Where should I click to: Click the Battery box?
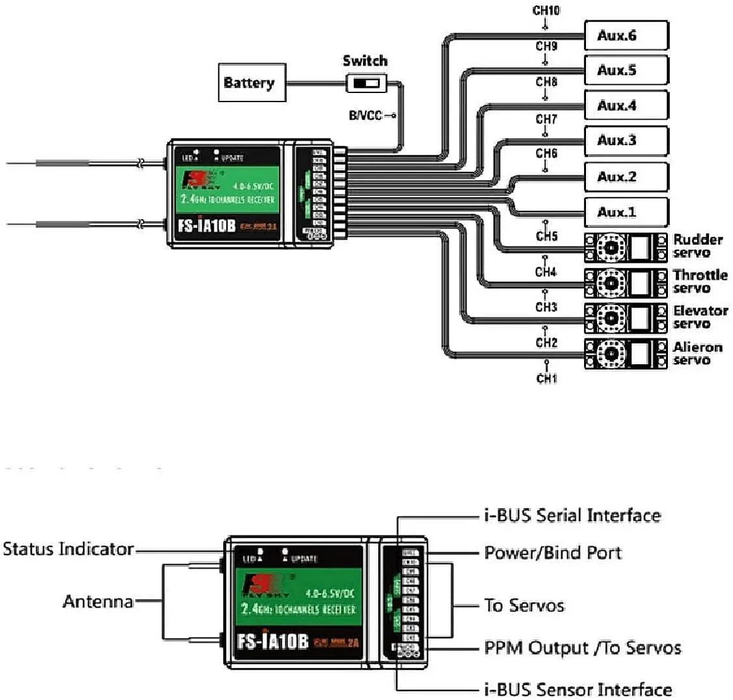(252, 83)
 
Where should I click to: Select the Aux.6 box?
(626, 35)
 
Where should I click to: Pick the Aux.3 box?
(626, 141)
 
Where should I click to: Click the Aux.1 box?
(626, 212)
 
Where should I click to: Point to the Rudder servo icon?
(626, 247)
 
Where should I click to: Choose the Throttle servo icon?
(626, 282)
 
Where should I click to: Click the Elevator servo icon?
(626, 318)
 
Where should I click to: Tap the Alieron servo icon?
(626, 354)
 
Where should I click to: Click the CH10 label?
(546, 10)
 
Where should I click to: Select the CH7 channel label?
(546, 119)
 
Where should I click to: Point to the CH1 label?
(546, 378)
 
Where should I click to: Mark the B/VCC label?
(366, 116)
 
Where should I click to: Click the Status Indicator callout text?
(68, 549)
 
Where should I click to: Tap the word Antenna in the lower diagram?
(98, 601)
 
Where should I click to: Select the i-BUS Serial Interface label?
(572, 516)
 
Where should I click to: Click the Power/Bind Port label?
(553, 553)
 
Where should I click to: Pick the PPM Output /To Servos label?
(583, 648)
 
